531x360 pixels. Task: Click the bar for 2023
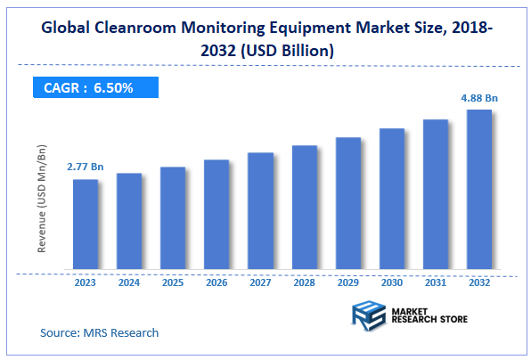pos(86,225)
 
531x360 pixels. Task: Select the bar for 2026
pos(216,215)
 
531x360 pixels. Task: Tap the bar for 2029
pos(347,203)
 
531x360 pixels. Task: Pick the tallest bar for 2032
pos(478,190)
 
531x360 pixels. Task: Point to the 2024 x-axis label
pos(129,282)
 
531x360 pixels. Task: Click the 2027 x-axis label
pos(260,282)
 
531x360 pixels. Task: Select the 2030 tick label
pos(391,282)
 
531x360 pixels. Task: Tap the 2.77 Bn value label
pos(86,167)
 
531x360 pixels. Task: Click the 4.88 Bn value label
pos(480,97)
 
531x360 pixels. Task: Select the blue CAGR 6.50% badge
pos(94,88)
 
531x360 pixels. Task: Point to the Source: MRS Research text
pos(100,332)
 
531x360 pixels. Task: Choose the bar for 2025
pos(173,218)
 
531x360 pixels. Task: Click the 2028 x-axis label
pos(304,282)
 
